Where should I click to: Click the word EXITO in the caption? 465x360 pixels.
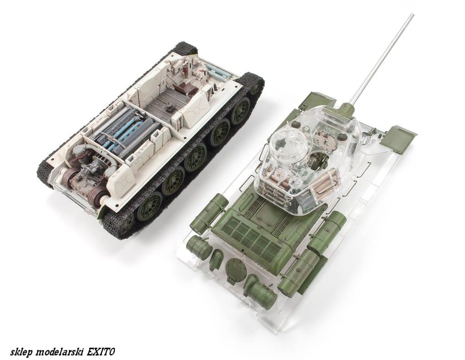coord(100,352)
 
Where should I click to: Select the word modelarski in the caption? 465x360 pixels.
coord(60,352)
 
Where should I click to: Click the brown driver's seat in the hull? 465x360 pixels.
coord(183,88)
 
